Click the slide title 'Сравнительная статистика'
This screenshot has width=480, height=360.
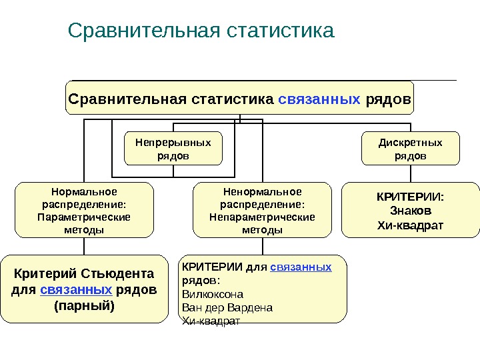(201, 31)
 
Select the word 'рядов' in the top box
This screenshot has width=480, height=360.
(387, 99)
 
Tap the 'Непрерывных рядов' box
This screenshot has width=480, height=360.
(173, 149)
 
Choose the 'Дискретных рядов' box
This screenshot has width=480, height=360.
(410, 149)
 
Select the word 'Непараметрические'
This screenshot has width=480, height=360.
(261, 217)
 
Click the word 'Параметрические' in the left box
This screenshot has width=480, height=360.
(84, 217)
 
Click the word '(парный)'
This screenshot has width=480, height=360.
(84, 306)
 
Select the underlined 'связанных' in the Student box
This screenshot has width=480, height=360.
(76, 290)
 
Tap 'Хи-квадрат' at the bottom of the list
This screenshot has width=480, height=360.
(210, 321)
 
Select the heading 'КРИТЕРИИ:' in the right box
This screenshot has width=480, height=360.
(410, 197)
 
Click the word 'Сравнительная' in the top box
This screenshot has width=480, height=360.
(127, 99)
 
